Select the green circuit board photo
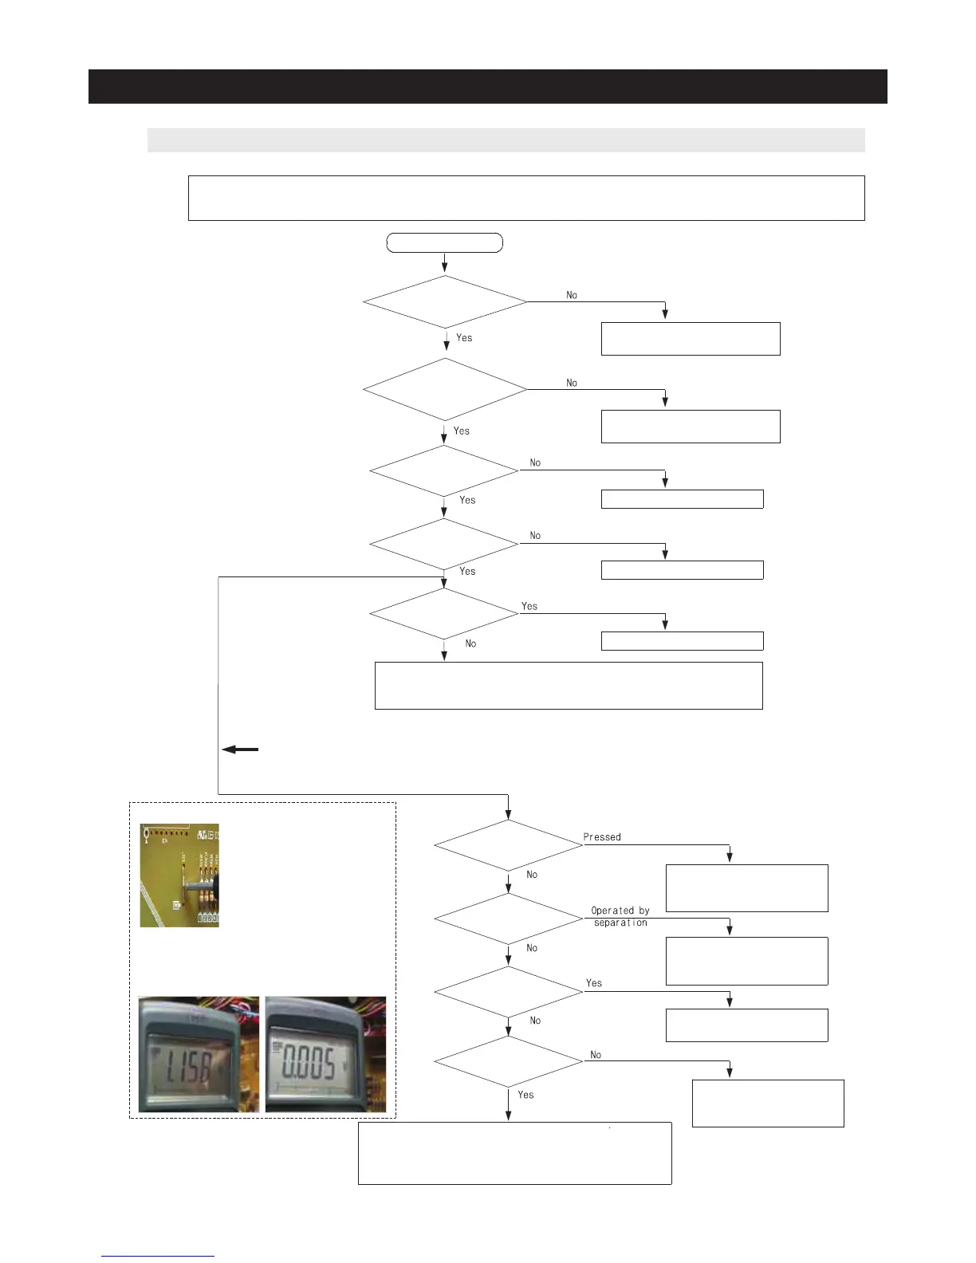coord(179,875)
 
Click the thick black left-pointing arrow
coord(240,750)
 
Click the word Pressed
coord(602,837)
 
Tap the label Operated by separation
coord(620,916)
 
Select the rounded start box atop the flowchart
coord(444,242)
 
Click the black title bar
coord(487,86)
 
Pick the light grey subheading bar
coord(506,140)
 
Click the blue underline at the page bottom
coord(158,1256)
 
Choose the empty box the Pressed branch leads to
coord(746,887)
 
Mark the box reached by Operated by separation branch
coord(746,961)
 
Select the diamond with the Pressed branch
coord(508,845)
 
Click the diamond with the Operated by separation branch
coord(508,919)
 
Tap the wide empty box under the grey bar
coord(526,198)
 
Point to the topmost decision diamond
coord(444,302)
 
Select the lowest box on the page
coord(514,1153)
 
